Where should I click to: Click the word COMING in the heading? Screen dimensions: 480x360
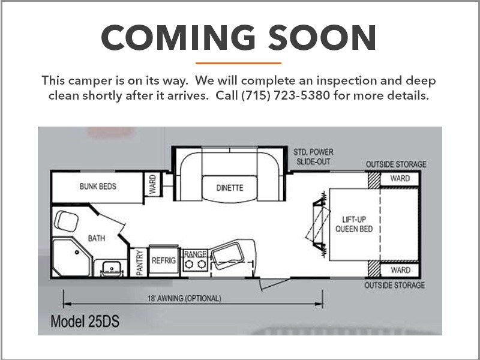178,37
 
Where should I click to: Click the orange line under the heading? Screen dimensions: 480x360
238,64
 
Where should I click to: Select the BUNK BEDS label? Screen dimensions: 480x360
98,186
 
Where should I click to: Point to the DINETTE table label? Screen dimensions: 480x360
230,188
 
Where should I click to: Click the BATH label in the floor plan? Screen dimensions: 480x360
97,238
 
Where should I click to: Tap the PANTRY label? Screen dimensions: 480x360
140,263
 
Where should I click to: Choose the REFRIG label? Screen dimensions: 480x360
164,260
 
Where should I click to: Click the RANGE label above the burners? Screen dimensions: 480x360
195,254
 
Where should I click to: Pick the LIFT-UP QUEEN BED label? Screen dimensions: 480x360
354,224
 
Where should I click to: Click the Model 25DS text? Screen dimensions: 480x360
85,322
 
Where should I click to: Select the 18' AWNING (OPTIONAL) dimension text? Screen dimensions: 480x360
184,298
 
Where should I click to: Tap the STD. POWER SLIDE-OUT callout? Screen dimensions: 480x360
313,157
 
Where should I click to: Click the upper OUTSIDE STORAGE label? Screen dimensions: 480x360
396,164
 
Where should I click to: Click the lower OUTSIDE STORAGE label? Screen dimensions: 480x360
394,286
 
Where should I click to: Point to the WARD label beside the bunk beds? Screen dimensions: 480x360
152,184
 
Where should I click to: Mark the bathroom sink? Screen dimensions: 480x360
112,268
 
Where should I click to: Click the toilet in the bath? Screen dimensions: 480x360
67,220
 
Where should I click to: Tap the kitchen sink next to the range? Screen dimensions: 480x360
228,254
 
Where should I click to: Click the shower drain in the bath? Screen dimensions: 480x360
77,252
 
